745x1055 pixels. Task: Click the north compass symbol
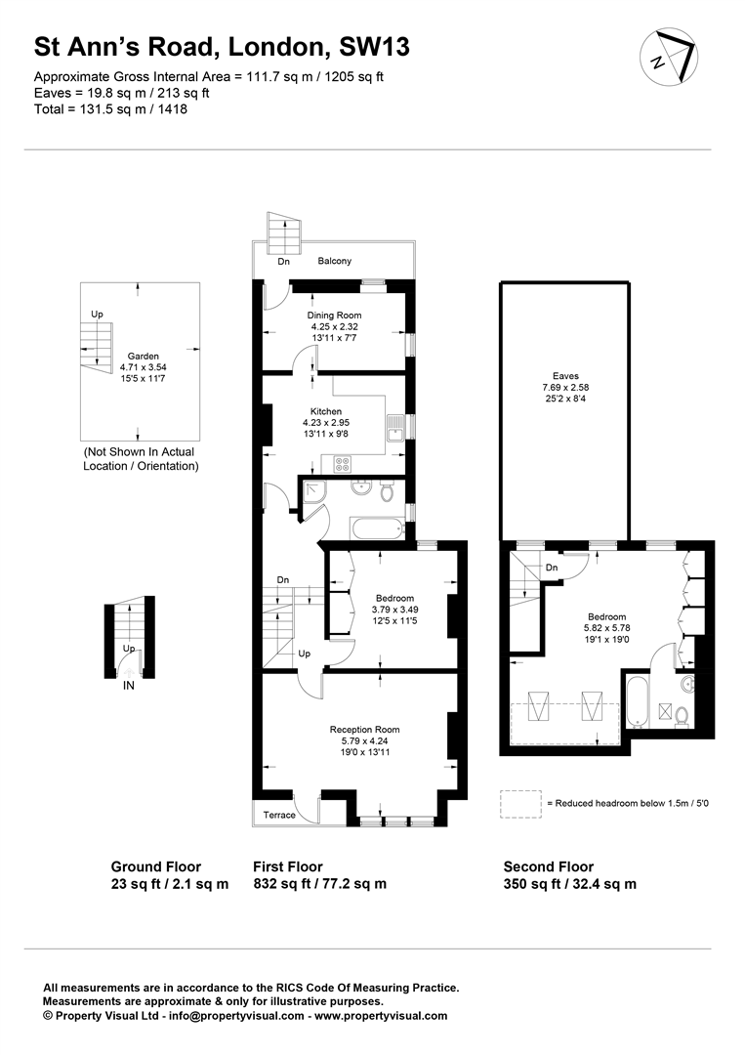[668, 58]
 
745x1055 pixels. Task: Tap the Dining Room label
[334, 315]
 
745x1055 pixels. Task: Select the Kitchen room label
[326, 411]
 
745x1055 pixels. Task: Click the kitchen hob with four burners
[343, 464]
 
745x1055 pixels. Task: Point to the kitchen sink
[394, 428]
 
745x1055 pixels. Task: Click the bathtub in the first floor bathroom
[377, 528]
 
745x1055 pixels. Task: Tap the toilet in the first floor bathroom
[387, 490]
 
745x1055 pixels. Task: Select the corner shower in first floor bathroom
[314, 491]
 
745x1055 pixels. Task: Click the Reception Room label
[364, 730]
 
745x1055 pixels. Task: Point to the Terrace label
[279, 815]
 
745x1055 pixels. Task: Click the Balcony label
[334, 261]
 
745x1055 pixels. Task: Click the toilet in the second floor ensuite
[682, 717]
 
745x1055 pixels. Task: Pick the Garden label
[144, 357]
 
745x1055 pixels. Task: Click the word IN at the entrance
[129, 686]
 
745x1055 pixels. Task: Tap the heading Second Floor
[549, 866]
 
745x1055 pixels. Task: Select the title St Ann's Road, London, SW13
[222, 47]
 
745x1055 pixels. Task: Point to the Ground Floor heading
[156, 866]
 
